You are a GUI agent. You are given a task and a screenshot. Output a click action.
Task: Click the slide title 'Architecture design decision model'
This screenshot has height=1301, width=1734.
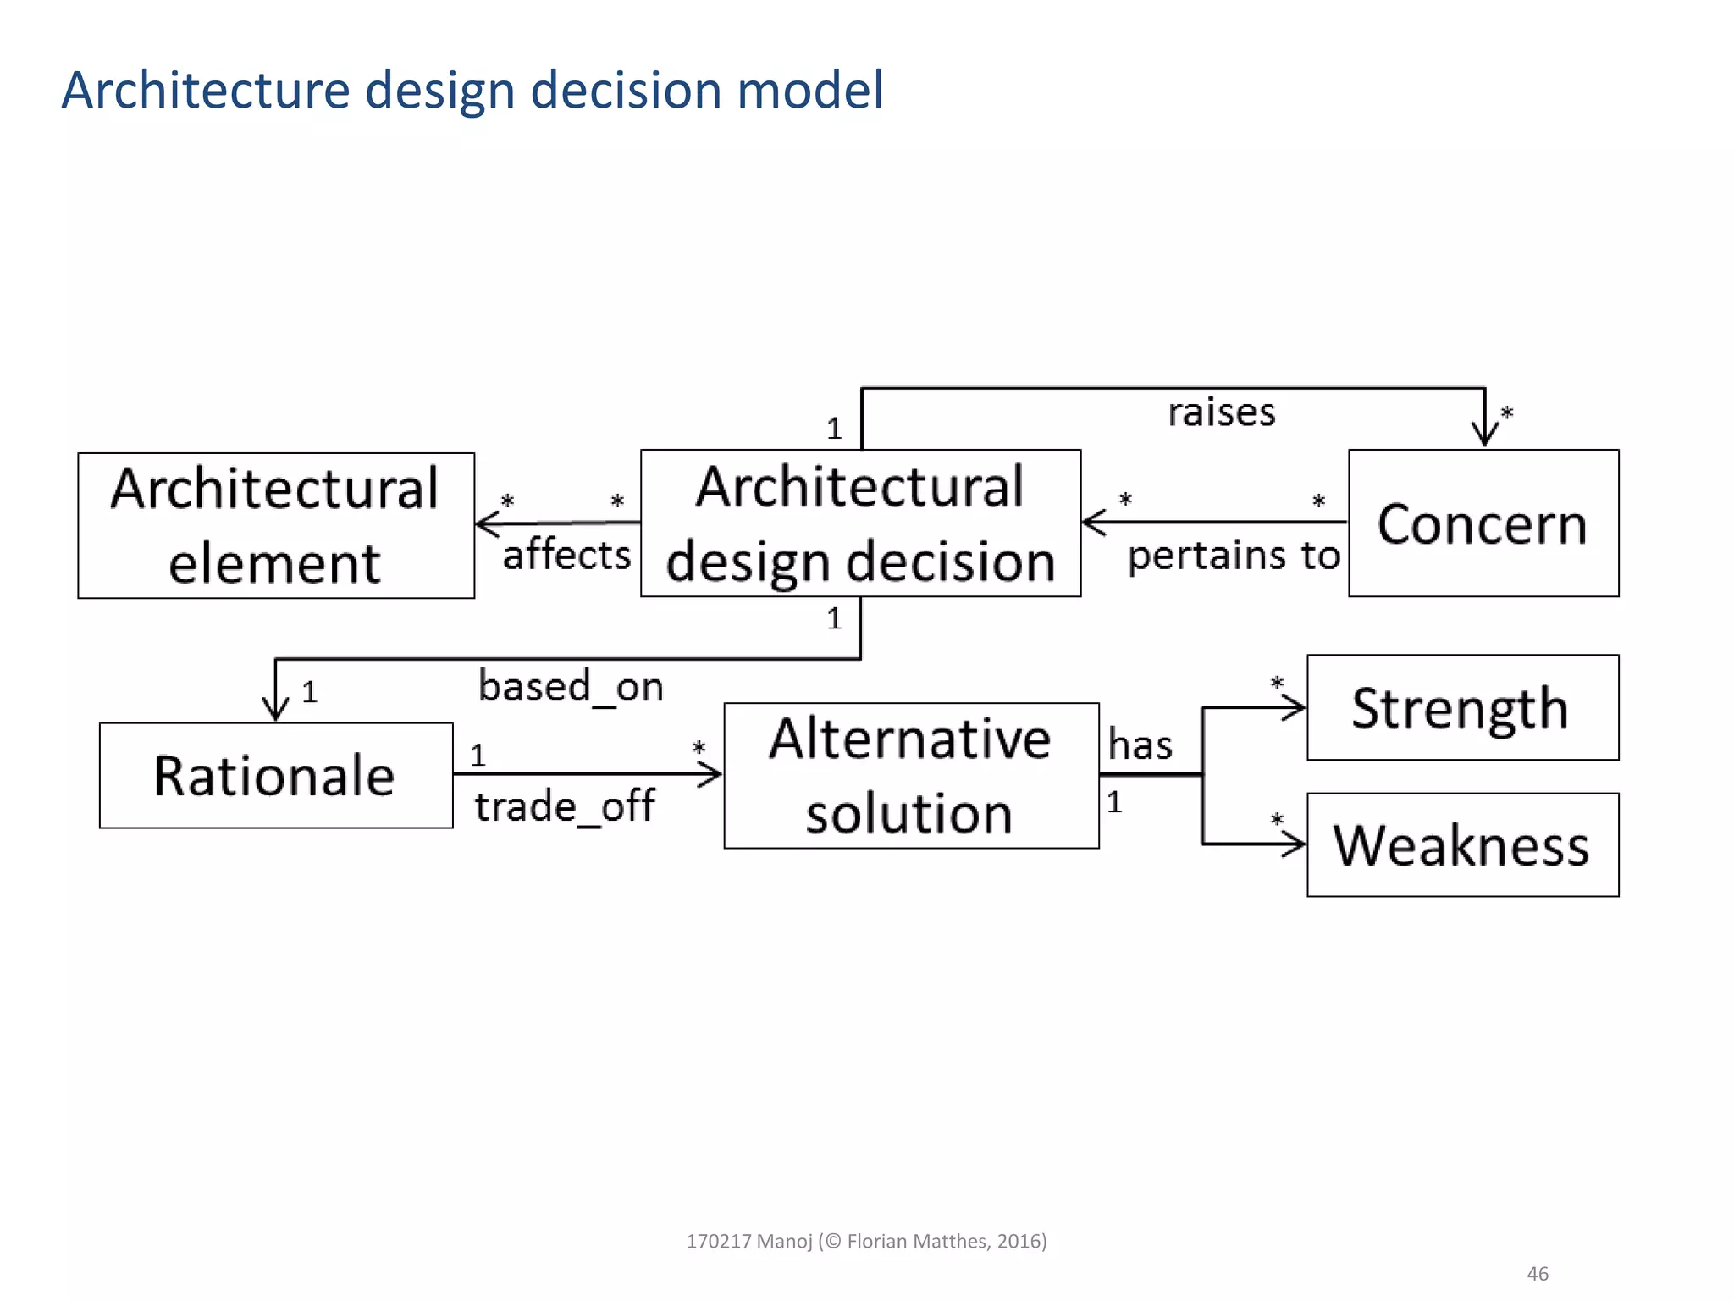click(472, 90)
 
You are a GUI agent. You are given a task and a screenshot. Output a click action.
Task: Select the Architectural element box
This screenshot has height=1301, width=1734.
click(276, 525)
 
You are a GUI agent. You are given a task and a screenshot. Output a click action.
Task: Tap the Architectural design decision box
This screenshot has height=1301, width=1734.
click(860, 523)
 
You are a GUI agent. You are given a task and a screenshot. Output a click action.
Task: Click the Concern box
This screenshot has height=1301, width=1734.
click(1483, 523)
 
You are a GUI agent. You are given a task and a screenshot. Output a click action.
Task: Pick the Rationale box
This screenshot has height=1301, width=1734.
click(276, 775)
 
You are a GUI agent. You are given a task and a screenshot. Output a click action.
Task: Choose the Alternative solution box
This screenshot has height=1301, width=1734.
click(911, 775)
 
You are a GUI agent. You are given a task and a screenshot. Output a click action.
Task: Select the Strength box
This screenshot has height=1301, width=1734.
click(1462, 707)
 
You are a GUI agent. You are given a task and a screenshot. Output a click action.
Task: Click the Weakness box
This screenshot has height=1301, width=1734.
click(1462, 844)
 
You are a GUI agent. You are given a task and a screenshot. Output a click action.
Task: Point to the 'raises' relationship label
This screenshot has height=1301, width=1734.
click(1221, 412)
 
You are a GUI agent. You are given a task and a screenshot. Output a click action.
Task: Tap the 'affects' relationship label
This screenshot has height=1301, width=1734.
click(566, 555)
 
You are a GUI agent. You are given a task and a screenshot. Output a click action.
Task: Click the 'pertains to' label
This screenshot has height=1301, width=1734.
click(1234, 556)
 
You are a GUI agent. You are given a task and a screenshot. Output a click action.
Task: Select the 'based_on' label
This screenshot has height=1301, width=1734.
click(571, 686)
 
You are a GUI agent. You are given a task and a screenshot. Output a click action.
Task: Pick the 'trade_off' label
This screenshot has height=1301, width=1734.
click(564, 806)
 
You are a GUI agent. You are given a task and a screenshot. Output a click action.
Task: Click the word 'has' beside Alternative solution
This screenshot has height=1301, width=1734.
click(1140, 745)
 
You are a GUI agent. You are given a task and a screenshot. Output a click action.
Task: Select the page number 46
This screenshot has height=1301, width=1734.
click(1537, 1273)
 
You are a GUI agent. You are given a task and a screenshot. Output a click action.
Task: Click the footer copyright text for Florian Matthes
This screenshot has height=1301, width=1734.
click(866, 1241)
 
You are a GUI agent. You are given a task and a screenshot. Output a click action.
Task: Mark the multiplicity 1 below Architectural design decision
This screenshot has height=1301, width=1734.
click(835, 618)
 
